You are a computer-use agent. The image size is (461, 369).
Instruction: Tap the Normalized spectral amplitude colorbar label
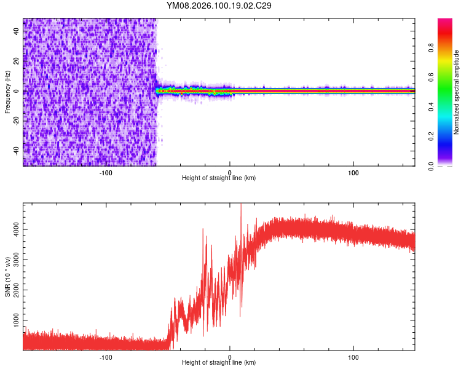(x=457, y=92)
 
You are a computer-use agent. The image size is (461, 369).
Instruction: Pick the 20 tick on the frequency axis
(x=17, y=61)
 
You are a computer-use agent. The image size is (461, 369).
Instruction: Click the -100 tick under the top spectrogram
(x=105, y=172)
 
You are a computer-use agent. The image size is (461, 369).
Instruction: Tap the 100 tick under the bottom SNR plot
(x=353, y=357)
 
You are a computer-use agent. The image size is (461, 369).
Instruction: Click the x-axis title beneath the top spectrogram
(x=219, y=178)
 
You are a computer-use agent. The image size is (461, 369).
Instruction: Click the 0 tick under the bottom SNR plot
(x=230, y=357)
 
